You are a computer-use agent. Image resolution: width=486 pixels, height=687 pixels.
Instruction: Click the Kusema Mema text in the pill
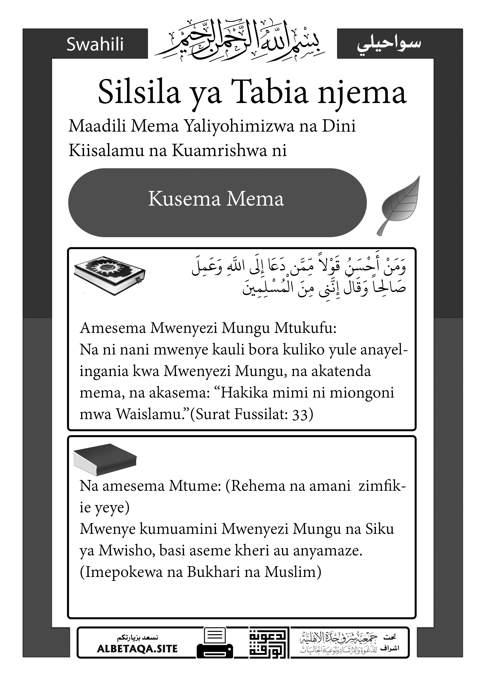tap(216, 199)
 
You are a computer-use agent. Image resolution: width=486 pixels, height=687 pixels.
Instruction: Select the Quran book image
tap(110, 275)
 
